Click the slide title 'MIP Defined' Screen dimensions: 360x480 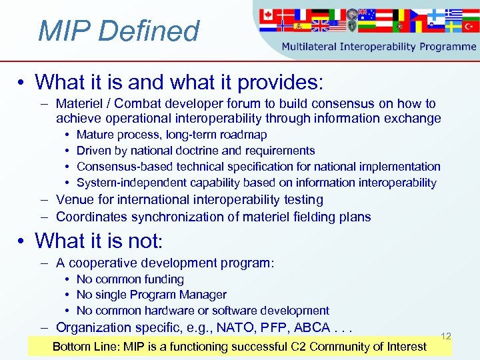pyautogui.click(x=119, y=31)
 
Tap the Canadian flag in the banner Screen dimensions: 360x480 pyautogui.click(x=268, y=14)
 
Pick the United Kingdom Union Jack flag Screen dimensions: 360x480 pyautogui.click(x=320, y=26)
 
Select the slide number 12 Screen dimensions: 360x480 pyautogui.click(x=446, y=336)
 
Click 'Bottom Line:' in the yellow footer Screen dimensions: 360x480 pyautogui.click(x=84, y=346)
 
